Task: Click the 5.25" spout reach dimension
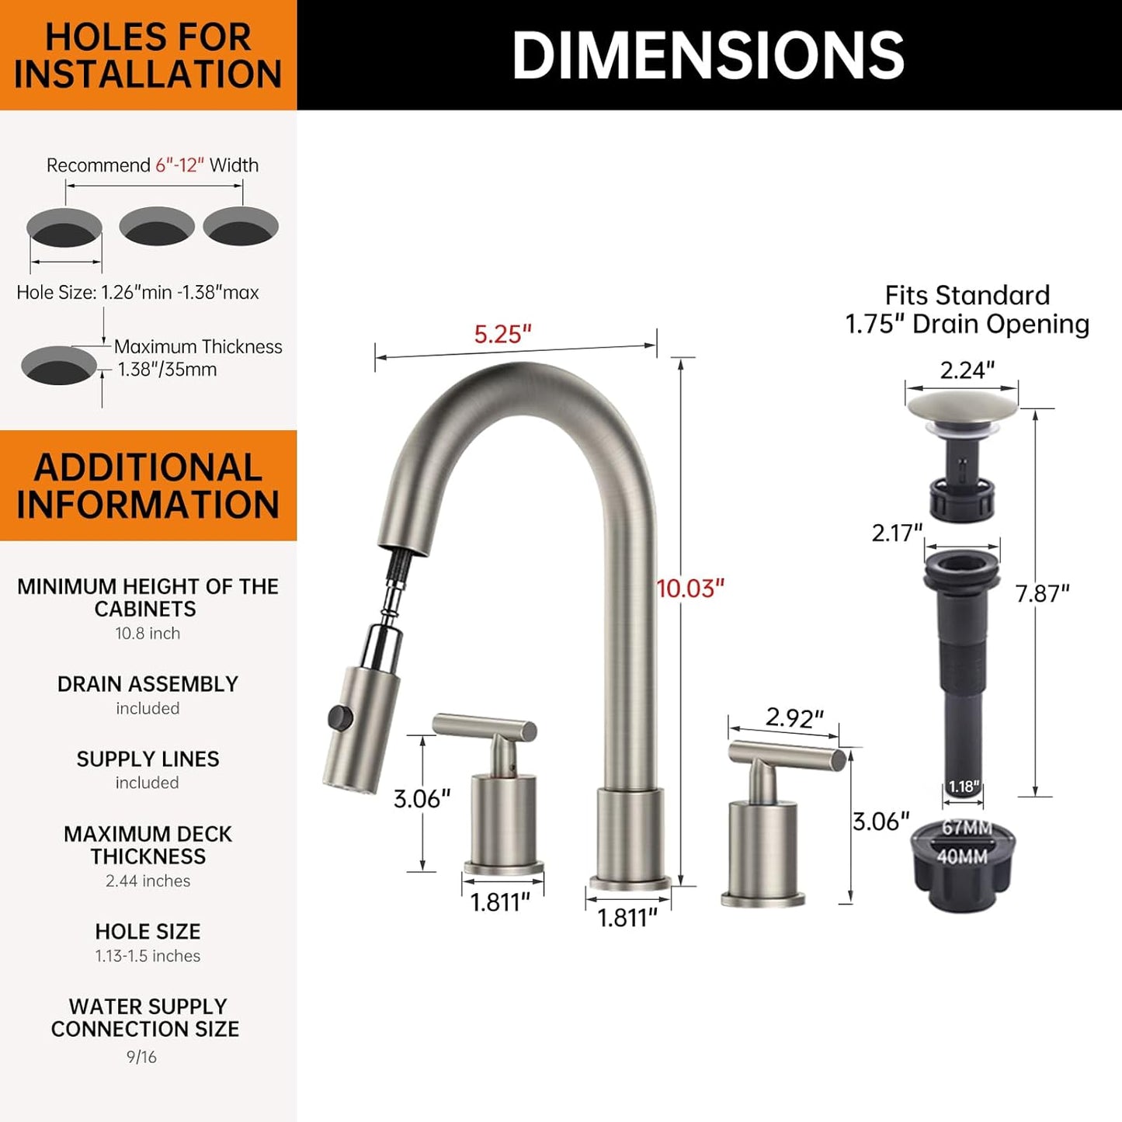pos(502,334)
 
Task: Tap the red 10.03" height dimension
pos(690,589)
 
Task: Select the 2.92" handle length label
pos(794,717)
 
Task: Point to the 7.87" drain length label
pos(1042,593)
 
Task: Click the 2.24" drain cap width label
pos(967,370)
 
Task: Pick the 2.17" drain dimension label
pos(897,533)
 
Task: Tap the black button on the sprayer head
pos(336,716)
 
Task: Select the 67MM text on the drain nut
pos(967,828)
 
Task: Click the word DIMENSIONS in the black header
pos(708,55)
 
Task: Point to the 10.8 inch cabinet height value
pos(148,634)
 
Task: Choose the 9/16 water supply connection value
pos(141,1057)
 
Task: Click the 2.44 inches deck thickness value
pos(148,881)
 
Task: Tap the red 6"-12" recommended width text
pos(179,165)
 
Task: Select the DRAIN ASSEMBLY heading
pos(148,684)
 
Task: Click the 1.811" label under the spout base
pos(627,918)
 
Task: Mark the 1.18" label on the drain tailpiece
pos(964,787)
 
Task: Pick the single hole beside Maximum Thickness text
pos(58,365)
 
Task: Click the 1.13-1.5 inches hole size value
pos(148,956)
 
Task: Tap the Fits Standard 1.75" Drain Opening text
pos(967,309)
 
